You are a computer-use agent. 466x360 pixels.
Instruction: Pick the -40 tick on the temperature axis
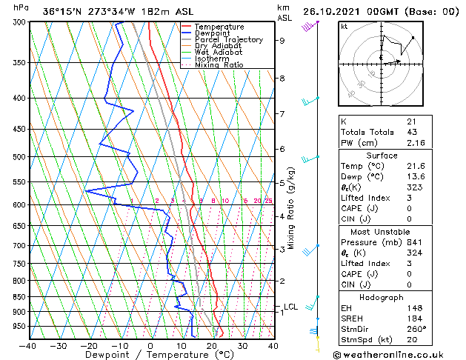coord(28,345)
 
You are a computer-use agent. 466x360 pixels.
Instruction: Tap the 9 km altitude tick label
coord(282,41)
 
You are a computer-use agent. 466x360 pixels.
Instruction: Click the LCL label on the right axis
coord(291,307)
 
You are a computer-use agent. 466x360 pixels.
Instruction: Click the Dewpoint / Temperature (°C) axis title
coord(151,355)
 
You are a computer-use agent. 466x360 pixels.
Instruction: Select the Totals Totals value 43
coord(411,132)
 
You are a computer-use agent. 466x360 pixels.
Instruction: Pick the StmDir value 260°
coord(416,329)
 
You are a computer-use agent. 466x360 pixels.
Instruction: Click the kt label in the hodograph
coord(344,27)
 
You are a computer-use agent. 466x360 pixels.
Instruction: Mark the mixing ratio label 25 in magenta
coord(268,201)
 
